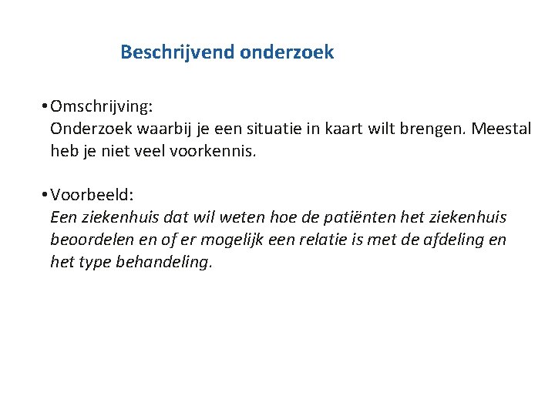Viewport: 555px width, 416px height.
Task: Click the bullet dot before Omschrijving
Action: point(47,106)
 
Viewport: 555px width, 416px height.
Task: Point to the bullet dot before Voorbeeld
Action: point(47,196)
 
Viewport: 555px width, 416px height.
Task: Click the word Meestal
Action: point(502,128)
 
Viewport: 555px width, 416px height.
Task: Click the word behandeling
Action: point(163,263)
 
